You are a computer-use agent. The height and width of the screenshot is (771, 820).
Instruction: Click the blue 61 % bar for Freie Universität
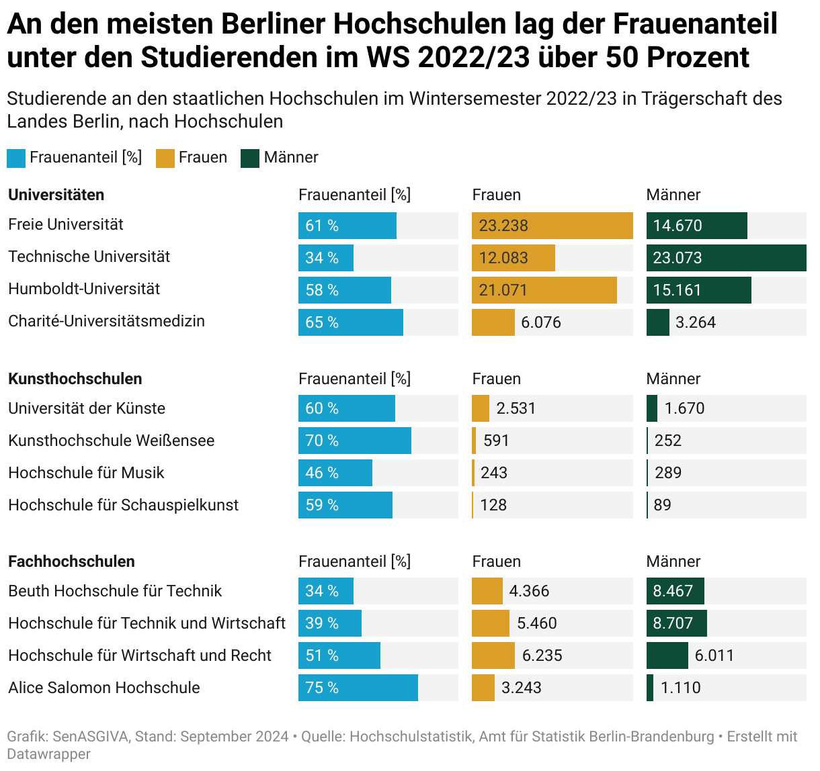click(x=347, y=226)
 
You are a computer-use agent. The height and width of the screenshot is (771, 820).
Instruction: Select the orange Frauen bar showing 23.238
click(x=552, y=226)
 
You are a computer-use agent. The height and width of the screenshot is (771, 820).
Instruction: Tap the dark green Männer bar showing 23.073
click(x=726, y=258)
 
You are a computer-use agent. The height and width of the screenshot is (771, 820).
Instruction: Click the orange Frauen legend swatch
click(x=165, y=158)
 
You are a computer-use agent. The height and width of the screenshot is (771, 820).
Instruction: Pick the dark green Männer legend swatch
click(x=250, y=158)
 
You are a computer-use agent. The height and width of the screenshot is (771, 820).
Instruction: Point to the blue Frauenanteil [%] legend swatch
click(x=16, y=158)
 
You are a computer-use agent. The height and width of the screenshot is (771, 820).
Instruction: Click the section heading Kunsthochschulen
click(x=75, y=379)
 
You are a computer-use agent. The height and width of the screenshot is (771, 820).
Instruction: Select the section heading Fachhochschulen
click(x=71, y=561)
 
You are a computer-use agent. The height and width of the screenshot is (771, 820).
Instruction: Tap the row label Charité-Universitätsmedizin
click(x=106, y=321)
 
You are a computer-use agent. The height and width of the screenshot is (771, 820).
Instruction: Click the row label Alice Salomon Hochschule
click(x=104, y=688)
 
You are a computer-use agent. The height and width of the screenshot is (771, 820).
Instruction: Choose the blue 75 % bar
click(x=358, y=688)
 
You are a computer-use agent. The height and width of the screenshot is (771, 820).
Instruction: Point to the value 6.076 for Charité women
click(x=540, y=322)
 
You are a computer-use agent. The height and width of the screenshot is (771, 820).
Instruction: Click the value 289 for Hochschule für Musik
click(x=667, y=473)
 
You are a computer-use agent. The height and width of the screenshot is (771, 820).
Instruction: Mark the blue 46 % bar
click(x=335, y=473)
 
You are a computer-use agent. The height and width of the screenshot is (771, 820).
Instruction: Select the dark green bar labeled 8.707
click(x=676, y=623)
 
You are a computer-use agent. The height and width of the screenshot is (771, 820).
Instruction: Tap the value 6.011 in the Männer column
click(x=714, y=655)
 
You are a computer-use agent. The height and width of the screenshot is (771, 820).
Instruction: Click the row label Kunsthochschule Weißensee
click(x=112, y=441)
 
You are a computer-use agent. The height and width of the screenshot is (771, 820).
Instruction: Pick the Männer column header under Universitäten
click(x=673, y=195)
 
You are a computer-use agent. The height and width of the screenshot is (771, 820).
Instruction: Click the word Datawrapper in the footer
click(x=48, y=754)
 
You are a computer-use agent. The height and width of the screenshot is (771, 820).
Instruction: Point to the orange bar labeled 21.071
click(x=544, y=290)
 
